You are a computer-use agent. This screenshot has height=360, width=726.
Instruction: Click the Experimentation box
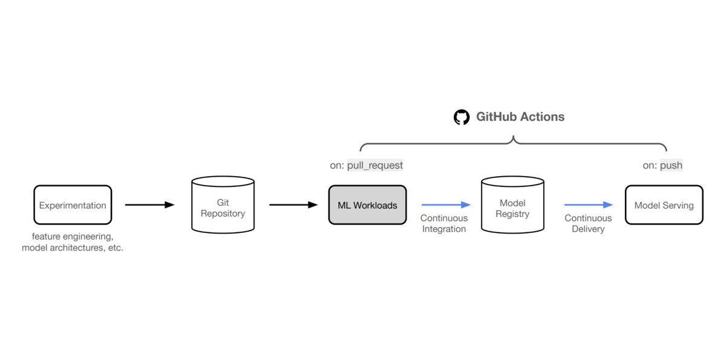click(x=73, y=205)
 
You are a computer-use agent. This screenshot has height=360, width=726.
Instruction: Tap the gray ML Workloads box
click(x=367, y=205)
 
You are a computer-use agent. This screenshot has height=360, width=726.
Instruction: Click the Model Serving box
click(x=664, y=205)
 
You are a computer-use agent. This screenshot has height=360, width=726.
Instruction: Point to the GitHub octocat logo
click(x=462, y=117)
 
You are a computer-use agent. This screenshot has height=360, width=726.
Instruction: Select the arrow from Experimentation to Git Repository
click(x=149, y=205)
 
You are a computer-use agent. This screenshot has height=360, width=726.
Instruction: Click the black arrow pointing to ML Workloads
click(x=293, y=205)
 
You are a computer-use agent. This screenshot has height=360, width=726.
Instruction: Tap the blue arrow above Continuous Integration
click(x=446, y=205)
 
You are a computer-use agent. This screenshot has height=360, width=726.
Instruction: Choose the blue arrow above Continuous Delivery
click(x=589, y=205)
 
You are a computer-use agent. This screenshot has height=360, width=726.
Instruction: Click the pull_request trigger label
click(x=375, y=165)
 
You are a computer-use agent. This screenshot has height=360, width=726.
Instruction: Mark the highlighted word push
click(x=671, y=165)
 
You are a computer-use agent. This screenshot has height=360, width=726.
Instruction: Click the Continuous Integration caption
click(x=444, y=223)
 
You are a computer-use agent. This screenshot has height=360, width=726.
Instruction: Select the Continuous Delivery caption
click(x=588, y=223)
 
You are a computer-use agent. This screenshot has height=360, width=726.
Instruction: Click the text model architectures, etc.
click(x=73, y=248)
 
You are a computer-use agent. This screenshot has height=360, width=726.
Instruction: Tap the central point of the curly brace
click(x=513, y=140)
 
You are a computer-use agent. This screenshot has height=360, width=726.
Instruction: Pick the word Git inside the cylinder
click(x=223, y=203)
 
